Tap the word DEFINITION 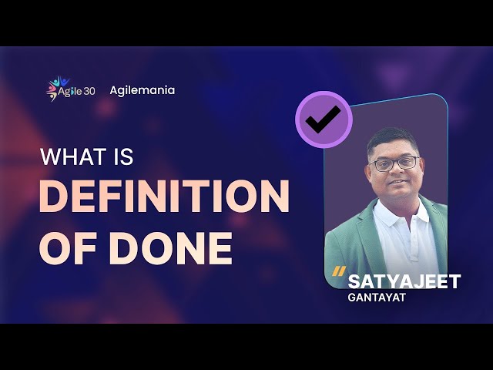click(x=164, y=197)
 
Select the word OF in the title click(x=68, y=248)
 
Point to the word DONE click(x=170, y=248)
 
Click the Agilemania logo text click(x=142, y=91)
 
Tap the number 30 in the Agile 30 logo click(x=89, y=92)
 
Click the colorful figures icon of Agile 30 click(x=56, y=88)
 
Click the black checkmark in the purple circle click(x=323, y=119)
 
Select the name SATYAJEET click(x=404, y=281)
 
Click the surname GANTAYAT click(x=377, y=298)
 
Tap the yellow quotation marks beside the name click(x=339, y=271)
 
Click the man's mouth click(x=398, y=182)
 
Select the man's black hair click(x=392, y=140)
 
